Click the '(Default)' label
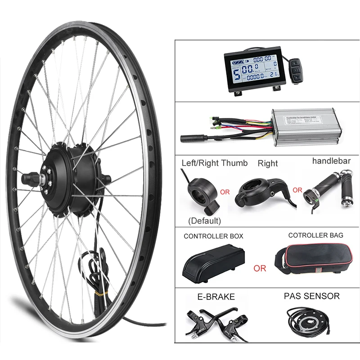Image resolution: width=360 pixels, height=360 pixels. pyautogui.click(x=204, y=221)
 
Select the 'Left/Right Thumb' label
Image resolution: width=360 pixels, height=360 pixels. pyautogui.click(x=214, y=163)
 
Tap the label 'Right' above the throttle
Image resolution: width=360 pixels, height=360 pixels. pyautogui.click(x=268, y=163)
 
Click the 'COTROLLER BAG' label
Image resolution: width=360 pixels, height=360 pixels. pyautogui.click(x=315, y=235)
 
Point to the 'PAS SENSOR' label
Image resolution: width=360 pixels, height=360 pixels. pyautogui.click(x=311, y=296)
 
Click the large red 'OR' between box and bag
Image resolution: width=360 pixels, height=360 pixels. pyautogui.click(x=260, y=268)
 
